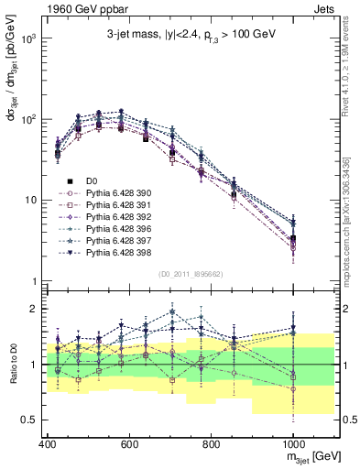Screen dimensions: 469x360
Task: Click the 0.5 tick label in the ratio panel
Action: (x=28, y=420)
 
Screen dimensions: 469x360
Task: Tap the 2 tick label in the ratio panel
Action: (x=33, y=309)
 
